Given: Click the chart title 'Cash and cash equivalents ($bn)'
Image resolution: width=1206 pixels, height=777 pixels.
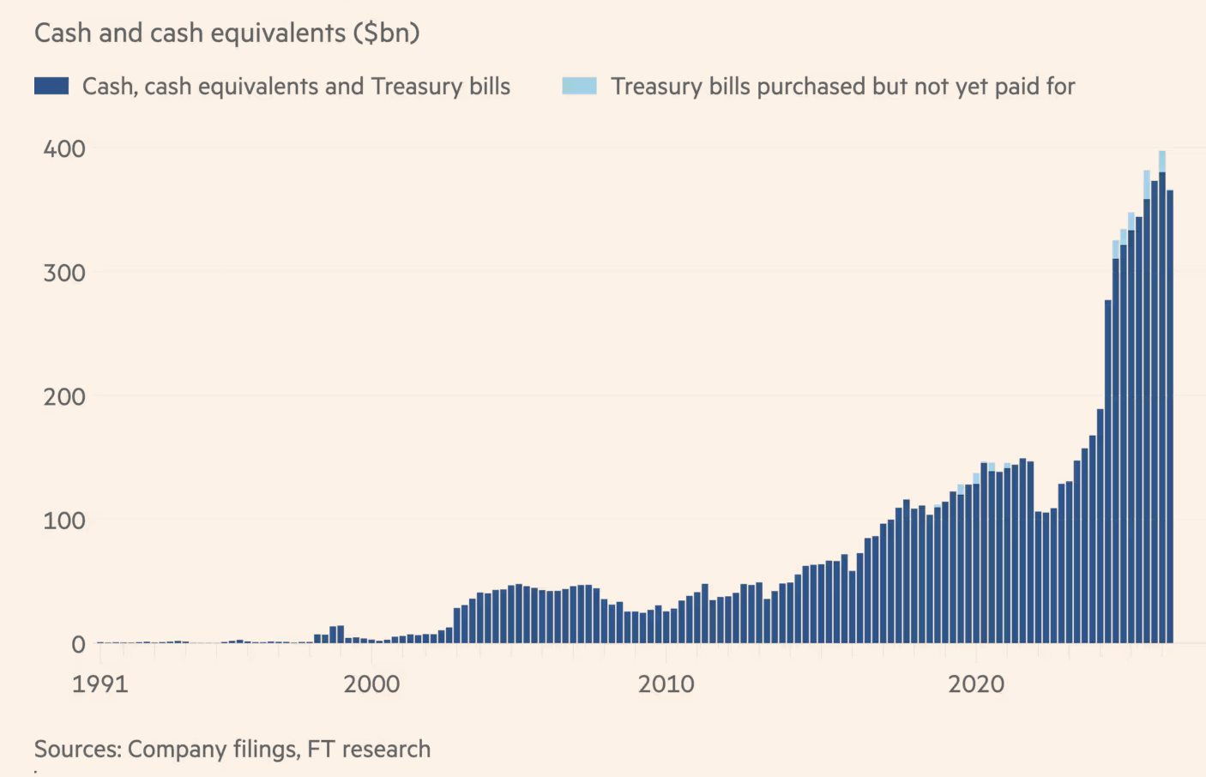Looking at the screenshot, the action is click(226, 33).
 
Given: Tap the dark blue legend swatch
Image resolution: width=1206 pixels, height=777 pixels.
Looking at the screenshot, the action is click(51, 86).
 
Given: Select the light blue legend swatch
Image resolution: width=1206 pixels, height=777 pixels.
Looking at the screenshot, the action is click(579, 86).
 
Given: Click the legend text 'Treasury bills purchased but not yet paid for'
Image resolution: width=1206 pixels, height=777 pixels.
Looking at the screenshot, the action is click(843, 87).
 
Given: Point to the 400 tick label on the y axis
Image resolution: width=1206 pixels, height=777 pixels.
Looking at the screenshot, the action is click(64, 149).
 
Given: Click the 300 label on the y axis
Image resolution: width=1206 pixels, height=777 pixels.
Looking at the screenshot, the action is click(64, 273).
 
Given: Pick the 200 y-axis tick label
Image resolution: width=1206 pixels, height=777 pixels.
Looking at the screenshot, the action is click(64, 397).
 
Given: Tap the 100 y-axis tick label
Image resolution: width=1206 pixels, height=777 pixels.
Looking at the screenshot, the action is click(64, 521).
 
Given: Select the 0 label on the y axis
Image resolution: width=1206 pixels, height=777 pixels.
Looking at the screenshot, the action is click(79, 645).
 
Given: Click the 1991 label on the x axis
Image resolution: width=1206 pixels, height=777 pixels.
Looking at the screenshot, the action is click(100, 684).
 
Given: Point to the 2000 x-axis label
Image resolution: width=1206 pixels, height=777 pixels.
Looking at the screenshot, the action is click(371, 684).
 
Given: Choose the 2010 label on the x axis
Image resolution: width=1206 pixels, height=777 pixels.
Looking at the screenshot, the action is click(666, 684).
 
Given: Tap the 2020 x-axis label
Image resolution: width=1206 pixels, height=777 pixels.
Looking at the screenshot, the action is click(976, 684).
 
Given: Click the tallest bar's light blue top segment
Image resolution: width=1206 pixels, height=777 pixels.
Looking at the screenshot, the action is click(1162, 161).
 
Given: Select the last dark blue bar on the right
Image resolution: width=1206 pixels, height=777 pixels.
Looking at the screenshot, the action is click(1170, 417).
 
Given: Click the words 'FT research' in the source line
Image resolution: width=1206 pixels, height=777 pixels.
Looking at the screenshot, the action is click(369, 749).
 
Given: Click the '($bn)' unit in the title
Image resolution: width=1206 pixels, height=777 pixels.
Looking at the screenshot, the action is click(387, 33).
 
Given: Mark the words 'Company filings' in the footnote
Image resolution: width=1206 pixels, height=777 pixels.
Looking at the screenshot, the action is click(214, 750).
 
